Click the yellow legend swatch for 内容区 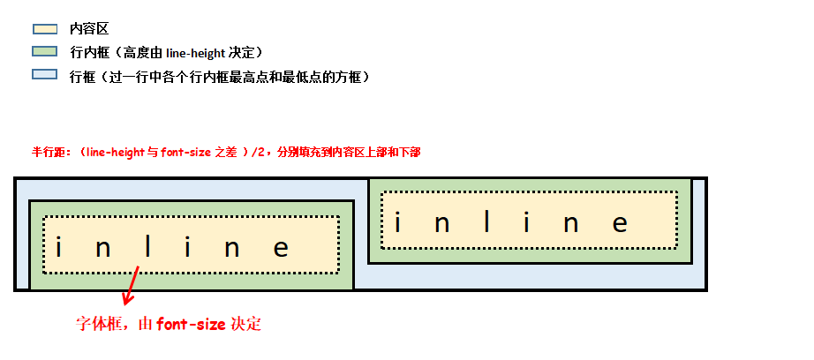(44, 29)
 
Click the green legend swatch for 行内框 (44, 52)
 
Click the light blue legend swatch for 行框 (44, 75)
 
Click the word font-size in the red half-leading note (185, 152)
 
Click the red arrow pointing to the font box (132, 288)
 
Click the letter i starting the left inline (58, 248)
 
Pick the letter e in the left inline (281, 248)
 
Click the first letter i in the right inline (398, 221)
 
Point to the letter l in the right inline (486, 221)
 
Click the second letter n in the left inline (231, 248)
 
